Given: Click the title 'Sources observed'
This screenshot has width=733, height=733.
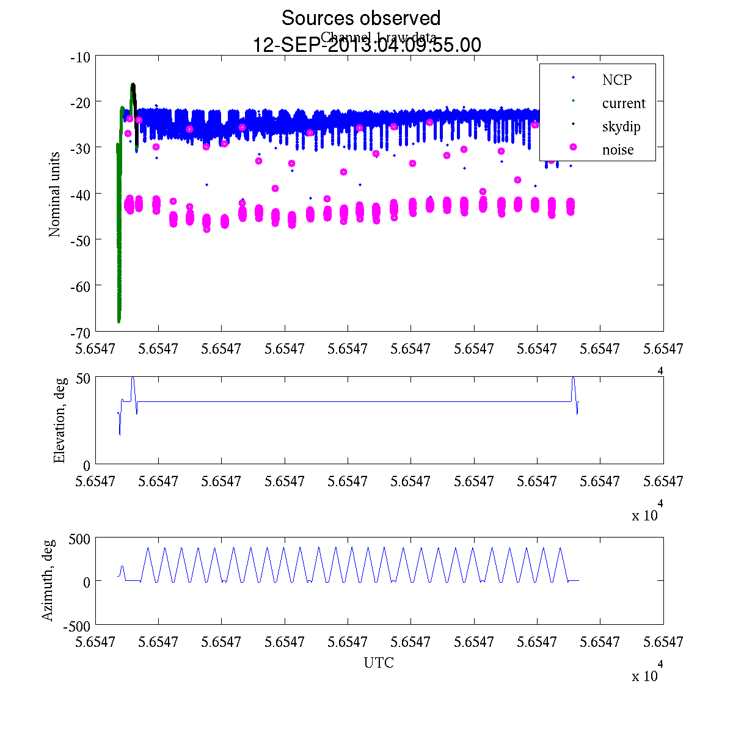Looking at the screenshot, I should [360, 18].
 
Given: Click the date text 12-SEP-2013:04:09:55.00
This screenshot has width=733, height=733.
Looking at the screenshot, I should [367, 45].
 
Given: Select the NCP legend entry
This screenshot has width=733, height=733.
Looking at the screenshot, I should [616, 79].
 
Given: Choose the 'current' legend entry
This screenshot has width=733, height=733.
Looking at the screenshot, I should [623, 103].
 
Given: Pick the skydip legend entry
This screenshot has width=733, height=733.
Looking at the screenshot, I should [621, 126].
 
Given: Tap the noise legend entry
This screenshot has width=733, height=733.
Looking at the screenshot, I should [618, 150].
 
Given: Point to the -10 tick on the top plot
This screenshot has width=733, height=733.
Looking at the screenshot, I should [81, 57].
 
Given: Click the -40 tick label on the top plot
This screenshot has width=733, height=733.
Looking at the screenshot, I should [81, 194].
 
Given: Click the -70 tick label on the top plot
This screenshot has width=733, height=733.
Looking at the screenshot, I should [81, 332].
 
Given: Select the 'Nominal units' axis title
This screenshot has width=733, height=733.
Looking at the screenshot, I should [55, 194].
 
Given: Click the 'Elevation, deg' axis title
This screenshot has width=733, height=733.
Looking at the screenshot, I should [59, 421].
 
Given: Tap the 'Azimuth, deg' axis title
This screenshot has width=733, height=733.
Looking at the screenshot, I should [48, 580].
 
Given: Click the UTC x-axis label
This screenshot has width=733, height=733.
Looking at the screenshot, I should [379, 663].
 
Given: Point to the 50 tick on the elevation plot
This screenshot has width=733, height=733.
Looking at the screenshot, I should [83, 378].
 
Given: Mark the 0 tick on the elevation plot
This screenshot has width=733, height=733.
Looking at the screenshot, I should [87, 465].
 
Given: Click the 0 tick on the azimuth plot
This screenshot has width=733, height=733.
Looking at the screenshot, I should [87, 582].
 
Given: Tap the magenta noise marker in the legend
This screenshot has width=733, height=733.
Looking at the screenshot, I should [573, 147].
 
